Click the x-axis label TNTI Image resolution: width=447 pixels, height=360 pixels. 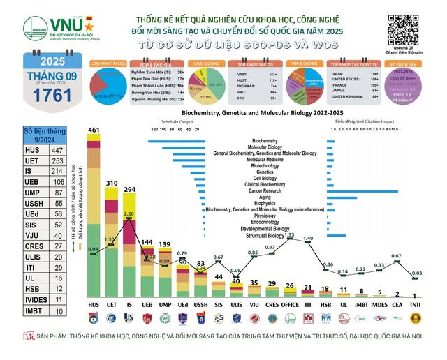click(x=416, y=306)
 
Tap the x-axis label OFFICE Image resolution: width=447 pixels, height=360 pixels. click(x=290, y=306)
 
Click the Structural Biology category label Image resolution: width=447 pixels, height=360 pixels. click(x=265, y=236)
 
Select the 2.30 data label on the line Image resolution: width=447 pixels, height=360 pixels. click(x=129, y=213)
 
